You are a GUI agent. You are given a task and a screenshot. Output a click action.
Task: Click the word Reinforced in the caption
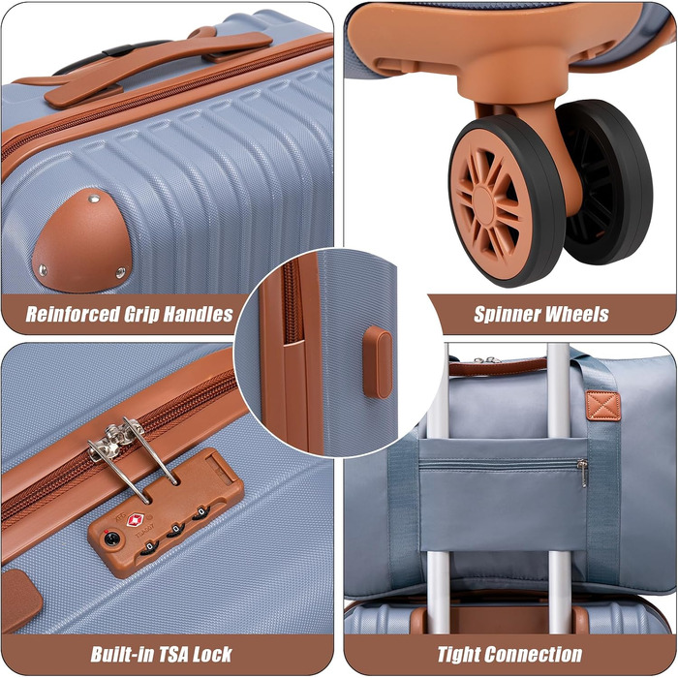73,315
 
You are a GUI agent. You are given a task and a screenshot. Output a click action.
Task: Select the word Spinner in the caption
505,315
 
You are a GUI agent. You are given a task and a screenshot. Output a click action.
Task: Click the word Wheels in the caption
575,315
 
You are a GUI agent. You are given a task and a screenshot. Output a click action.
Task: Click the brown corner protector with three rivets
81,240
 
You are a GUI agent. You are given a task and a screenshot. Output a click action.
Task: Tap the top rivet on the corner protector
94,199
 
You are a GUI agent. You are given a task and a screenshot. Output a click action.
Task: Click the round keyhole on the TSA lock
111,539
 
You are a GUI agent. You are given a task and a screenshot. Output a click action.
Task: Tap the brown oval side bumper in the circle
378,362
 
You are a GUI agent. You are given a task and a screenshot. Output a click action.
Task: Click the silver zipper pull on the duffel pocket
583,473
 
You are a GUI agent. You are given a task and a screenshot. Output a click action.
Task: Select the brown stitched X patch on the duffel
602,406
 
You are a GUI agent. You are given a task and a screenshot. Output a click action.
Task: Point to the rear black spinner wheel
605,182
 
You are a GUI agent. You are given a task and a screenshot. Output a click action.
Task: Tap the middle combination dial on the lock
176,531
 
